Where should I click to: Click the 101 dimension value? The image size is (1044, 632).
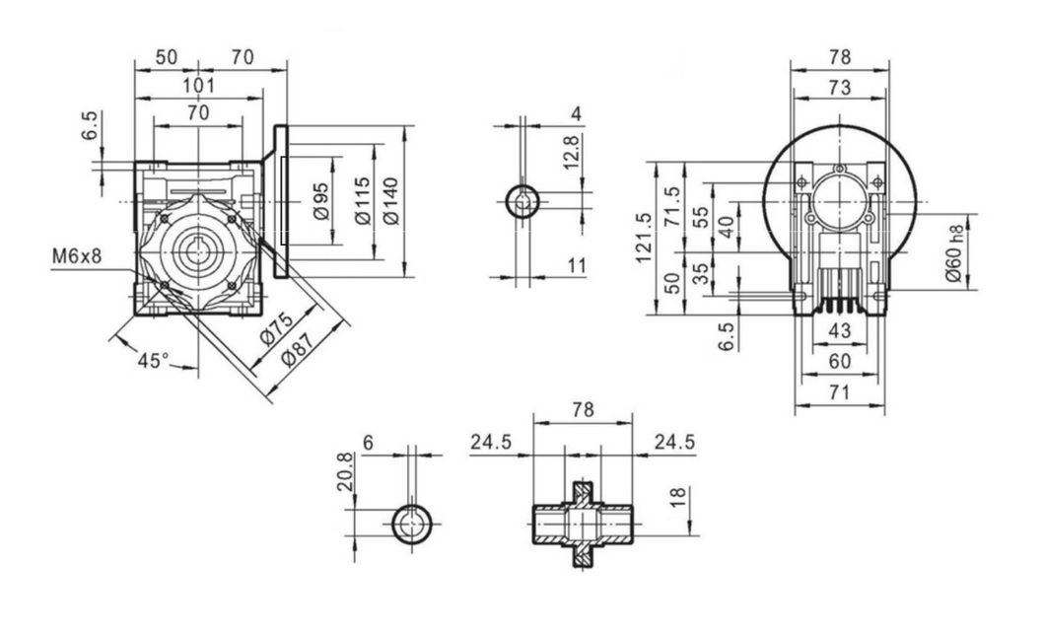[x=199, y=85]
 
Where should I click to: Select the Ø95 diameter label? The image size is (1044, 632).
[x=320, y=200]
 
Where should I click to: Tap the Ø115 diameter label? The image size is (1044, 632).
[x=362, y=200]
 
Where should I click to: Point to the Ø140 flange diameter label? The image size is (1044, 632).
[x=392, y=200]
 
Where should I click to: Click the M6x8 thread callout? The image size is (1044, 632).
[x=77, y=257]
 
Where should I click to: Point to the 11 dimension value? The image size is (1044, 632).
[x=576, y=264]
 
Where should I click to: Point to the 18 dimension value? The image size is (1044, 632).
[x=676, y=497]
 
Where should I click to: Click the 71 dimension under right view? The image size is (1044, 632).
[x=839, y=393]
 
